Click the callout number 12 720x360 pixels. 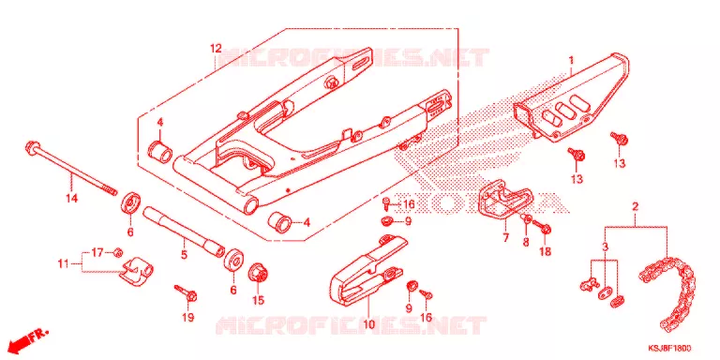click(216, 49)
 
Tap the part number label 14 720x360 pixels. click(71, 199)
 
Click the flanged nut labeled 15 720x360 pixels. click(258, 275)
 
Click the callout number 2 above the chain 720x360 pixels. click(635, 206)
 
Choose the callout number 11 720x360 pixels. click(63, 263)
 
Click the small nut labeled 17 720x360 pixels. click(117, 251)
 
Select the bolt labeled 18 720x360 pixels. click(542, 226)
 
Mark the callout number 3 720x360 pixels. click(606, 247)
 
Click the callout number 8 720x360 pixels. click(526, 241)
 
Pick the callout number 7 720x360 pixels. click(505, 238)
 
